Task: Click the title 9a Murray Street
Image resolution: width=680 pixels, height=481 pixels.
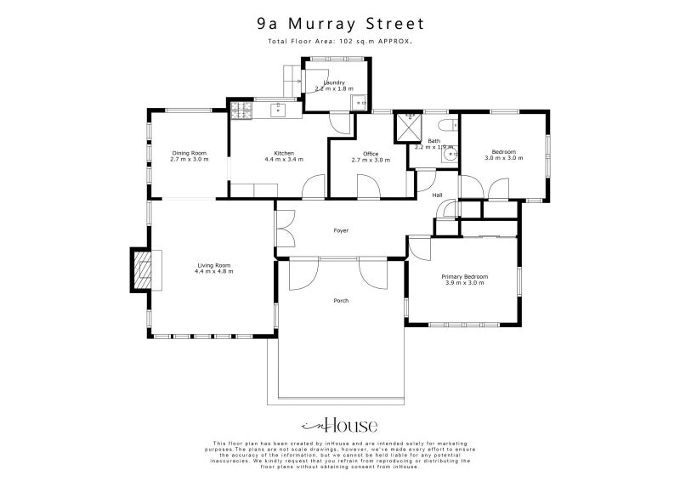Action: [x=340, y=25]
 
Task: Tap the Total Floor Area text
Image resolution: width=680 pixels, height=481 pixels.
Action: [x=340, y=42]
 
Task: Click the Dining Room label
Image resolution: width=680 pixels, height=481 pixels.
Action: [x=189, y=153]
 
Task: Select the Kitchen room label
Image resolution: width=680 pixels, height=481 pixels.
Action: [x=278, y=153]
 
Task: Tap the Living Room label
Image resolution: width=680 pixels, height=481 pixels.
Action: [x=213, y=265]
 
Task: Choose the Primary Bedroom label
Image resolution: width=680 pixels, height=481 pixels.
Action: [x=464, y=276]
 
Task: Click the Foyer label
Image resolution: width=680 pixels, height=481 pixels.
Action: [x=341, y=230]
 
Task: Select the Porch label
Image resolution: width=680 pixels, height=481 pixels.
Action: [x=341, y=300]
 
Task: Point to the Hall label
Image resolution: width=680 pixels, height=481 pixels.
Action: [x=438, y=195]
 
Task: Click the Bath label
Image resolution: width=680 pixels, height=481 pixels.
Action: [x=433, y=141]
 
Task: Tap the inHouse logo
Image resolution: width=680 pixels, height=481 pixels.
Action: [x=340, y=425]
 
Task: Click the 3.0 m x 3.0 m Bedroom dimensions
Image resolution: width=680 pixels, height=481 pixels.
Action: [x=504, y=158]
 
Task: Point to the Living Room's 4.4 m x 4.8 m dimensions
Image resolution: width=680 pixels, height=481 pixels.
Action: [x=213, y=271]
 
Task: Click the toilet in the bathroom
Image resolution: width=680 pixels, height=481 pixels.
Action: [x=450, y=156]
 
